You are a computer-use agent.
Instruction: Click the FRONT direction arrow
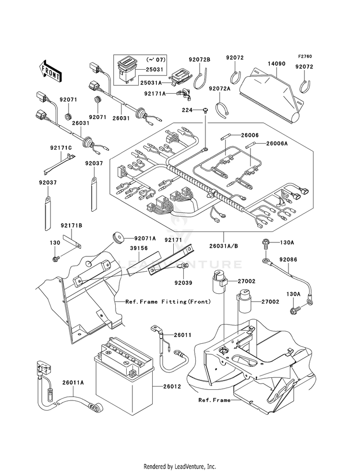click(50, 71)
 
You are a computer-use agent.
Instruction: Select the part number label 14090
click(276, 64)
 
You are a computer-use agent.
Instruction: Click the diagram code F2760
click(305, 56)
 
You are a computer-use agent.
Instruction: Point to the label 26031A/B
click(224, 246)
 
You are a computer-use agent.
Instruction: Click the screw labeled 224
click(205, 110)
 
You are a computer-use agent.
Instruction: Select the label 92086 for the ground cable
click(288, 260)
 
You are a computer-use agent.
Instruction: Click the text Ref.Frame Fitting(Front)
click(168, 302)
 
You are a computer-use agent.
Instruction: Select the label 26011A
click(73, 383)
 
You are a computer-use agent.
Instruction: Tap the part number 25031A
click(151, 83)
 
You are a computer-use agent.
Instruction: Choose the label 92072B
click(199, 60)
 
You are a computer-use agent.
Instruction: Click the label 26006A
click(276, 143)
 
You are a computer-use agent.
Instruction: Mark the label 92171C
click(61, 148)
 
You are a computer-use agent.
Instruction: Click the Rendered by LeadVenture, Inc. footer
click(180, 467)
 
